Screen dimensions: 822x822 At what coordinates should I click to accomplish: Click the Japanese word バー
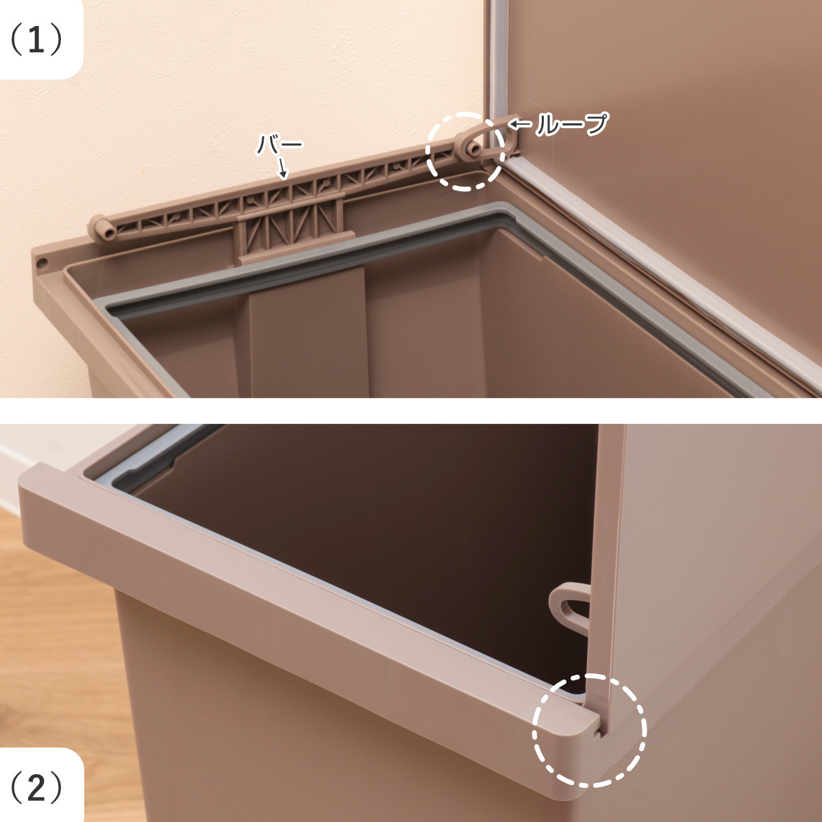point(279,145)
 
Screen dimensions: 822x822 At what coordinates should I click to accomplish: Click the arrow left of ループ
point(521,125)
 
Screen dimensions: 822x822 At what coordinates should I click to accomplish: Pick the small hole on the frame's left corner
point(41,263)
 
